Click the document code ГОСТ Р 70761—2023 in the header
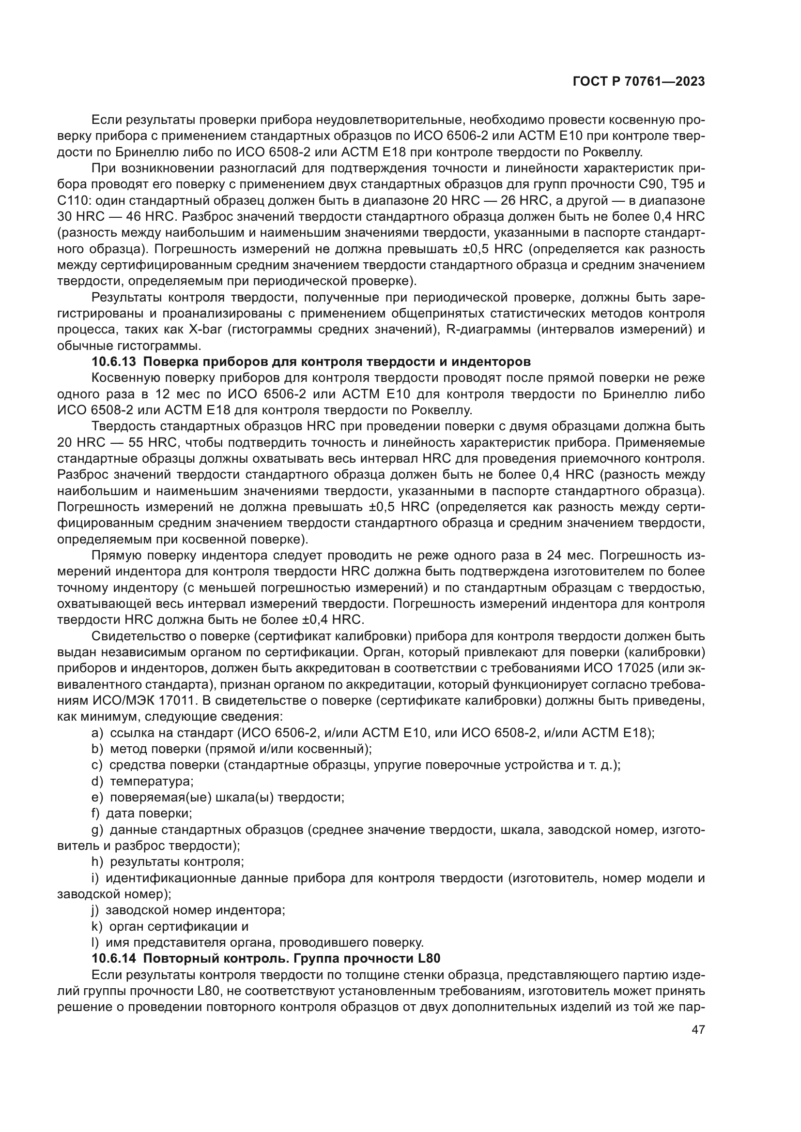638,82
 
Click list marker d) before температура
97,781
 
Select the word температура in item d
152,781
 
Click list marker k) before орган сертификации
97,926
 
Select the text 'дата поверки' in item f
149,813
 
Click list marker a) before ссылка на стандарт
97,733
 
